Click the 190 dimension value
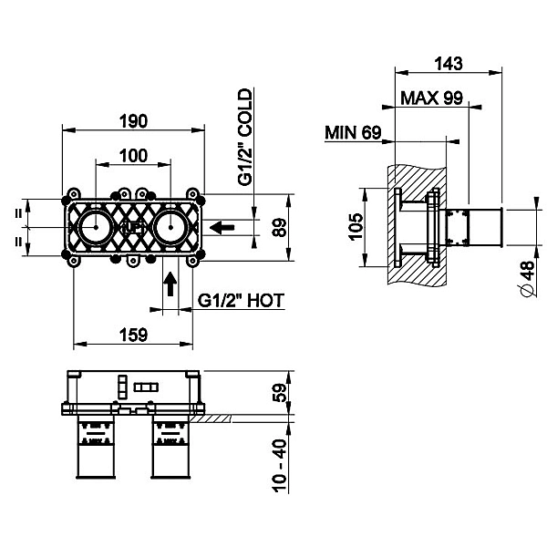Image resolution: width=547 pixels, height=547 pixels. click(x=134, y=121)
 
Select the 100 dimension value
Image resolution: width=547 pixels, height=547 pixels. click(x=134, y=156)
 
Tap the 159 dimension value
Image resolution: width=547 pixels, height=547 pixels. click(x=134, y=335)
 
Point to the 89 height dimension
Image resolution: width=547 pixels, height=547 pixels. click(x=280, y=227)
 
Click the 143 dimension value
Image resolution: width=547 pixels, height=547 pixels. click(x=449, y=64)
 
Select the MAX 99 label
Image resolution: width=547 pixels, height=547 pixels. click(x=431, y=98)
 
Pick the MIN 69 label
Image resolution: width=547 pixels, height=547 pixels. click(x=353, y=132)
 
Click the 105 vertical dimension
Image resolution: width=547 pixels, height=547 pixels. click(x=356, y=227)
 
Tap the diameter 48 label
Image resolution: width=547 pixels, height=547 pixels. click(x=529, y=278)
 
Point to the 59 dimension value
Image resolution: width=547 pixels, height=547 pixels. click(x=280, y=393)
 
